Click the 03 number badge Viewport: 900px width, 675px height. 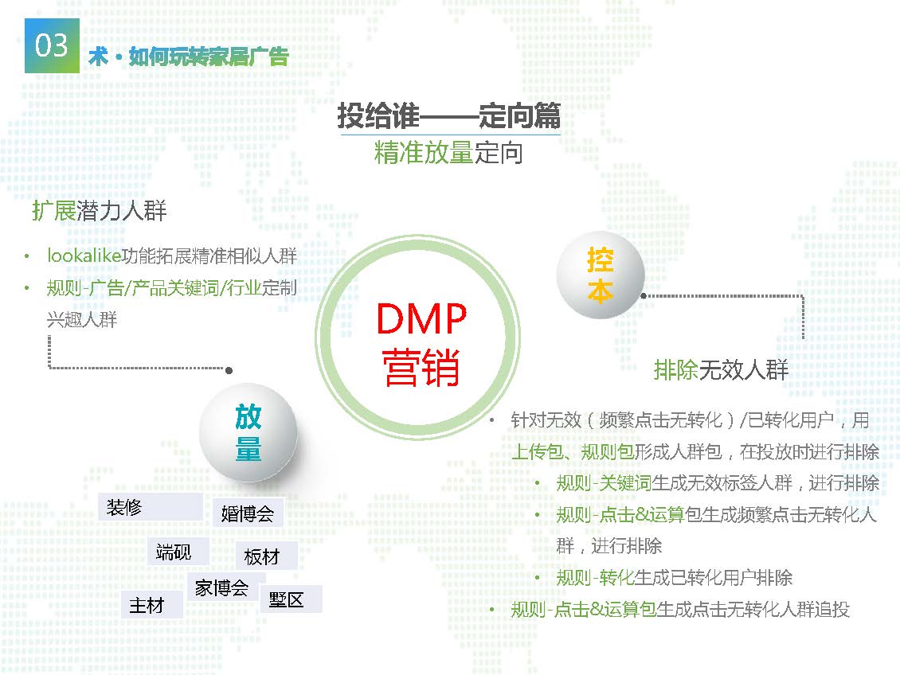[52, 46]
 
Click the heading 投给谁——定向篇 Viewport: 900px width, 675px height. [449, 116]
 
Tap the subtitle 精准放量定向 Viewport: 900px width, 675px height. [448, 152]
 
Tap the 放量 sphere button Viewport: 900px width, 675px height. [248, 433]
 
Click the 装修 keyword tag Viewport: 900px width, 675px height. [125, 507]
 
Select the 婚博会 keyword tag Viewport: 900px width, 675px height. [247, 513]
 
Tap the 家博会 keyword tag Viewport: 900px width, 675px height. [221, 588]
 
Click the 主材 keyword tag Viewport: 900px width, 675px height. [147, 605]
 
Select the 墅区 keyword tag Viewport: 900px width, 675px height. [287, 599]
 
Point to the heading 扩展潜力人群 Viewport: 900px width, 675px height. [99, 211]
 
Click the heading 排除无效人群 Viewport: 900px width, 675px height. [721, 370]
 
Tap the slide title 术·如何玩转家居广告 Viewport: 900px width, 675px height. [188, 57]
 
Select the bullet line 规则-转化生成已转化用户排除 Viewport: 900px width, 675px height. [674, 578]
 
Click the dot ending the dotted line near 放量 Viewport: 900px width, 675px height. [229, 370]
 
